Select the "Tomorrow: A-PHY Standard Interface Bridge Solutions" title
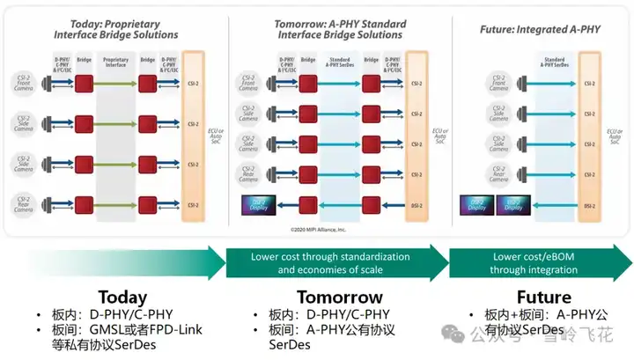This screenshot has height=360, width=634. point(339,28)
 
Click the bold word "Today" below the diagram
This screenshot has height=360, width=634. point(123,297)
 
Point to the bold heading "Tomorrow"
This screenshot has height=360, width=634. point(339,297)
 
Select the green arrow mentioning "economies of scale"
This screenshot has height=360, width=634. point(330,263)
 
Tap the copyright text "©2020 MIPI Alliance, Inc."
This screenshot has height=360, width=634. point(318,229)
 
